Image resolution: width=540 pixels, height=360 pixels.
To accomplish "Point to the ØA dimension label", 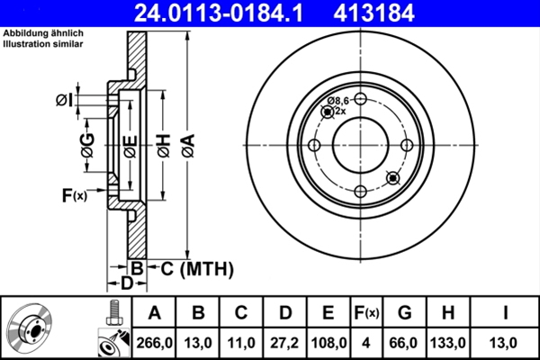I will [187, 145].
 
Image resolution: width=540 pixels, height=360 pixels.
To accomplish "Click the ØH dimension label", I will [163, 145].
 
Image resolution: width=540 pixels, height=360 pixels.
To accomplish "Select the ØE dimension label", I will [130, 145].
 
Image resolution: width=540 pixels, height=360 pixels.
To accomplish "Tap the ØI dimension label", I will [64, 100].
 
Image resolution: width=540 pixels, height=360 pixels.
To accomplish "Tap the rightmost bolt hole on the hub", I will [406, 145].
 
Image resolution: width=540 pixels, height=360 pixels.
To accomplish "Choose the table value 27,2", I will [285, 342].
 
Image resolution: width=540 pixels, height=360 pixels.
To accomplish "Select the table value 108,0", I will [328, 342].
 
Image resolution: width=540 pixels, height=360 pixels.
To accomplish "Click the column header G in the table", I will [404, 313].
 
